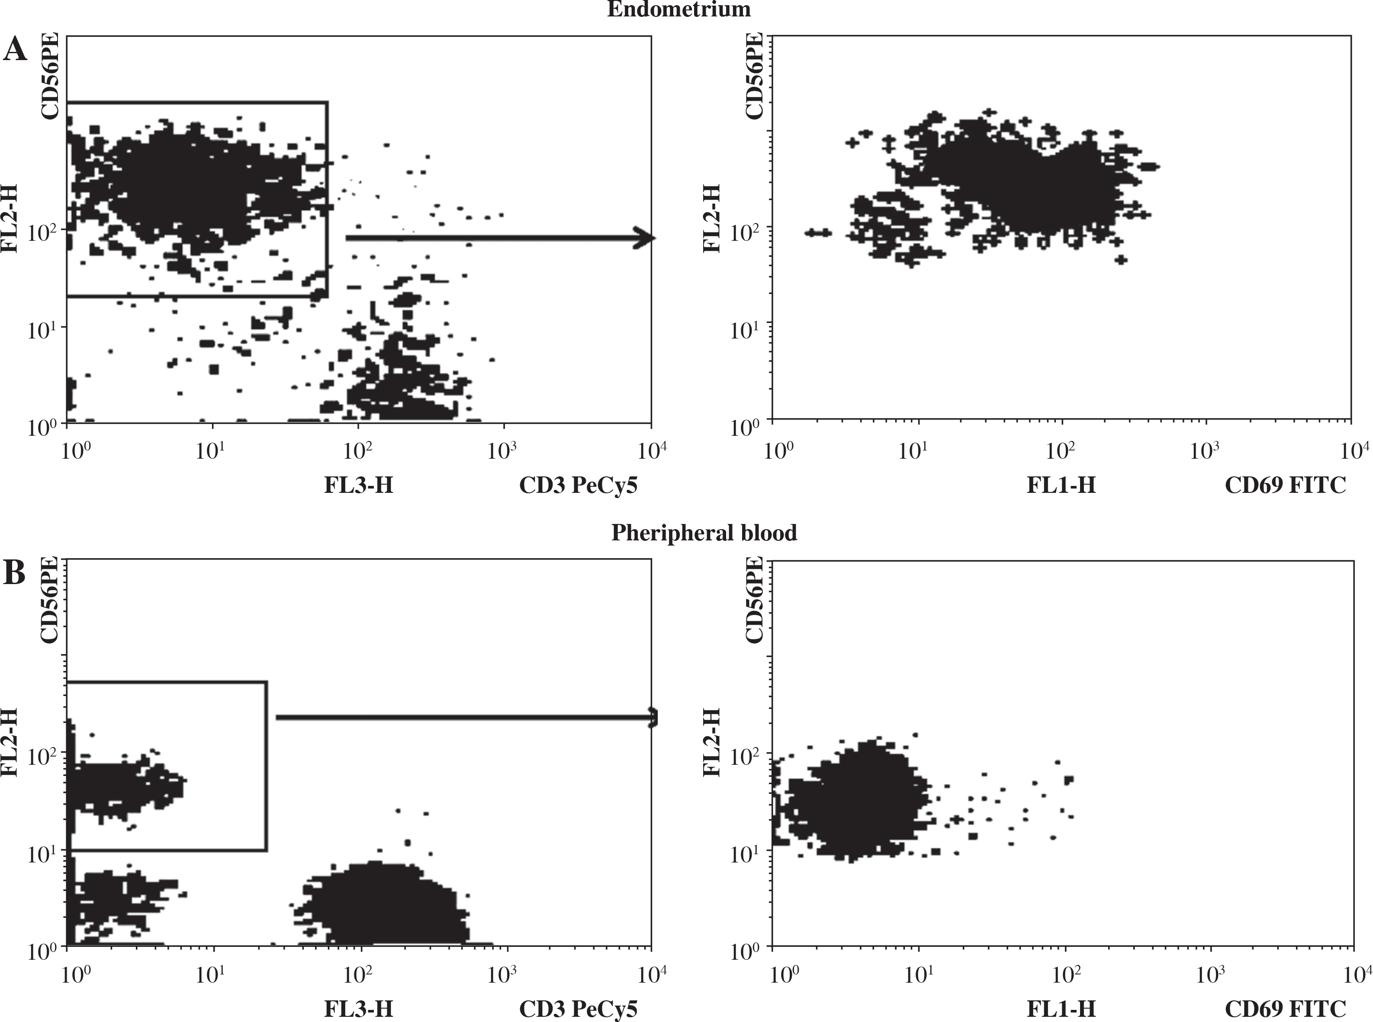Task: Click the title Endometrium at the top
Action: click(678, 9)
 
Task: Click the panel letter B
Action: click(15, 574)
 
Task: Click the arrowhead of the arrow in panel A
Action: click(646, 238)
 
